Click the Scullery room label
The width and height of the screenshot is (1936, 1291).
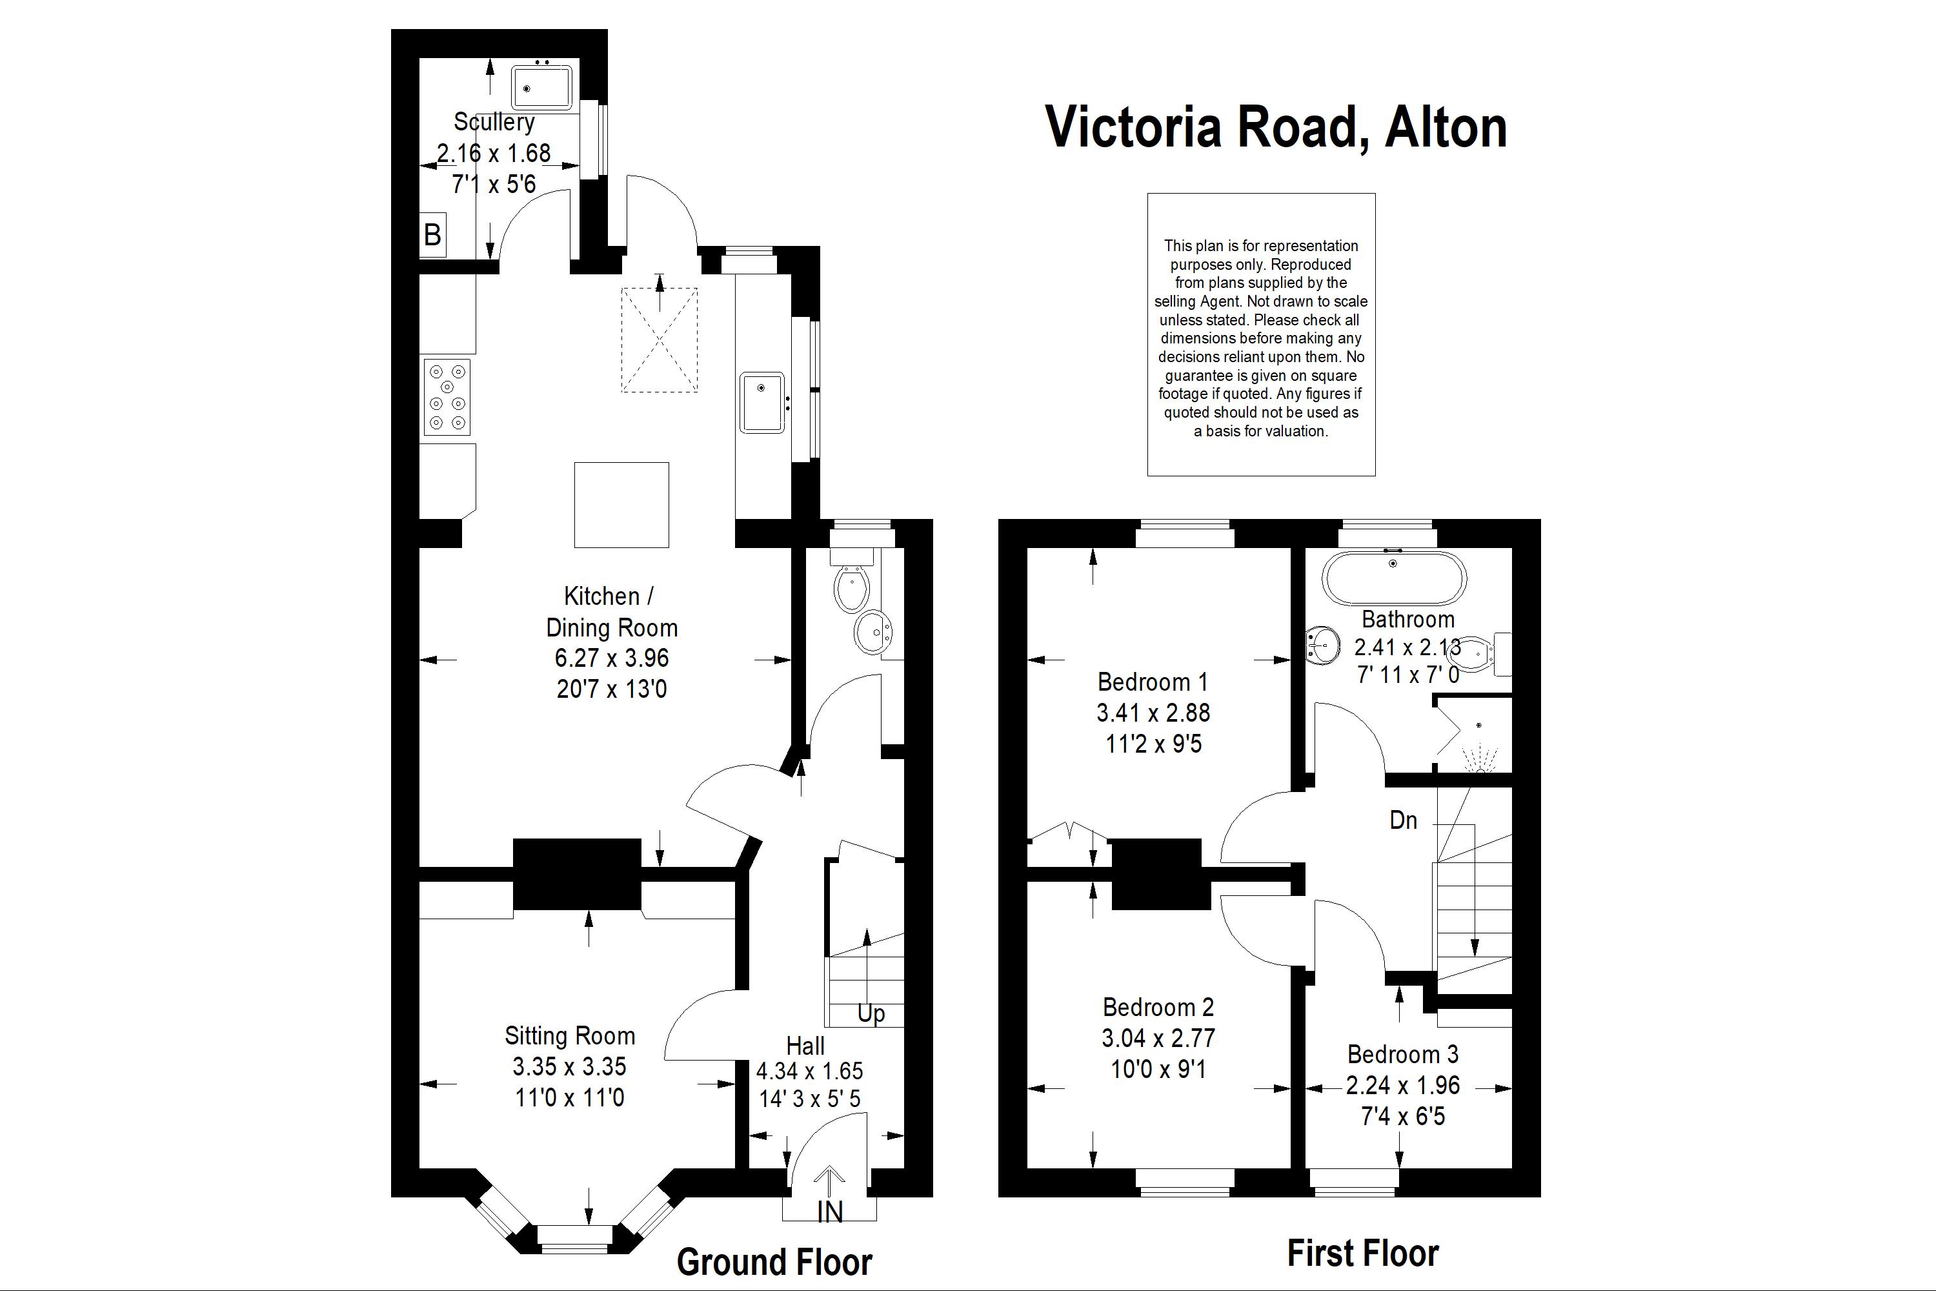(494, 122)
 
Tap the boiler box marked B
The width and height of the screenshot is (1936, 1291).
(433, 236)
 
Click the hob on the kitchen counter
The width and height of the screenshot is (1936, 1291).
(447, 397)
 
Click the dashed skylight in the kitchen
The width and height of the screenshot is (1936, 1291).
(660, 340)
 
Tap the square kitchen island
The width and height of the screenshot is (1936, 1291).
(621, 505)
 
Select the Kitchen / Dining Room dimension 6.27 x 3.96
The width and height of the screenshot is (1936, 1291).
(612, 658)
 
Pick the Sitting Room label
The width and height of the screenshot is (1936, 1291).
(570, 1036)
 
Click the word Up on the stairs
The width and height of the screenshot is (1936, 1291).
(871, 1013)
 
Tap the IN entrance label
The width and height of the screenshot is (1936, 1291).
(830, 1212)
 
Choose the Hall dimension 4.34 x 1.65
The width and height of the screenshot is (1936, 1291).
(810, 1071)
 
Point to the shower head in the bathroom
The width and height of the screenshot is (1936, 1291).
(1479, 726)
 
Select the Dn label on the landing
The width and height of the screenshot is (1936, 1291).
(1404, 820)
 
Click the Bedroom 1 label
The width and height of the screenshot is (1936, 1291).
(1153, 682)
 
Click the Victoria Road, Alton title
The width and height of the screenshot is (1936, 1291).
(1276, 128)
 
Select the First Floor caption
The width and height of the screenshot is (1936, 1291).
(1362, 1253)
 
